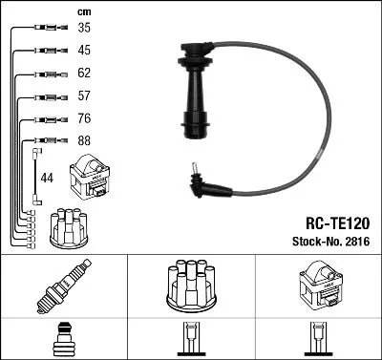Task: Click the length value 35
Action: tap(84, 30)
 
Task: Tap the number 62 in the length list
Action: tap(84, 74)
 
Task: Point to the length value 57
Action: tap(84, 96)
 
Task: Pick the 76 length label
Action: tap(84, 119)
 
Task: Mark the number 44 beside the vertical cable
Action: tap(48, 179)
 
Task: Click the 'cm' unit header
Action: tap(83, 11)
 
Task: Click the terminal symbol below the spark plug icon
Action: tap(64, 340)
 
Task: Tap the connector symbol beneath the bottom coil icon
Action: tap(318, 342)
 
